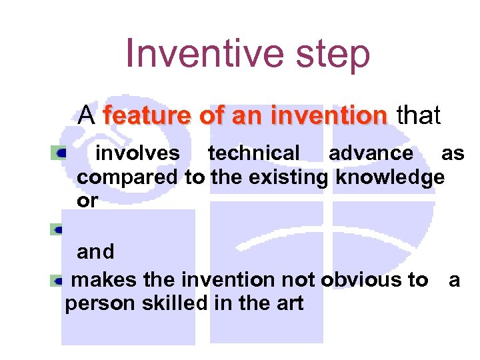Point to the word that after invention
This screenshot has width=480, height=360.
pyautogui.click(x=419, y=116)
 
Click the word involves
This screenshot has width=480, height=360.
pyautogui.click(x=138, y=153)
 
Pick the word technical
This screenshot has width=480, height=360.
pyautogui.click(x=254, y=153)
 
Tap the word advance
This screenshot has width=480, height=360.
pyautogui.click(x=371, y=153)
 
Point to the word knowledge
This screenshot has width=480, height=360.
pyautogui.click(x=390, y=177)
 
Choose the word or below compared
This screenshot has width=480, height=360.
pyautogui.click(x=87, y=201)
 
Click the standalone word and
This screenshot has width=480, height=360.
pyautogui.click(x=96, y=252)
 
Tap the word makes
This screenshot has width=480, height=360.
pyautogui.click(x=101, y=280)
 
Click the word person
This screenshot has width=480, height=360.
pyautogui.click(x=97, y=304)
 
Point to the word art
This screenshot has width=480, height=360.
pyautogui.click(x=289, y=304)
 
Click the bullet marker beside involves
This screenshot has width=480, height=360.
pyautogui.click(x=60, y=153)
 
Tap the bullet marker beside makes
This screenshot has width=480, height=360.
pyautogui.click(x=60, y=281)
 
